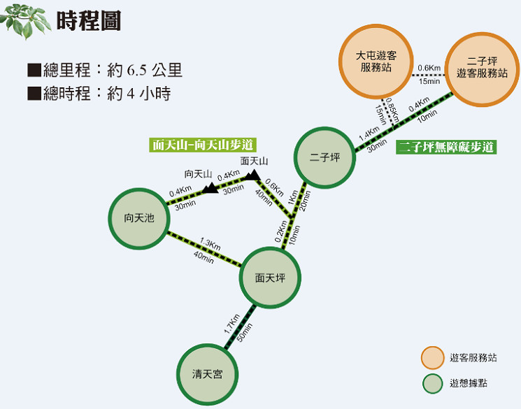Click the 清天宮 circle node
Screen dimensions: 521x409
(207, 375)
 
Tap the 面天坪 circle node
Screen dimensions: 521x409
(270, 278)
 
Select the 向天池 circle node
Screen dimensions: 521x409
(139, 218)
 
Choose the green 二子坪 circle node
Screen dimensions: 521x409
(324, 157)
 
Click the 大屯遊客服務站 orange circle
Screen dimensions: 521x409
(376, 61)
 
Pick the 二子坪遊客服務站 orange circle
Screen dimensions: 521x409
(482, 69)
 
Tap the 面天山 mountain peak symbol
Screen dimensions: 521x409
(253, 175)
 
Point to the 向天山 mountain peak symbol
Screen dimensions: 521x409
(210, 188)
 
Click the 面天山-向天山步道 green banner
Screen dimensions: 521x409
(203, 145)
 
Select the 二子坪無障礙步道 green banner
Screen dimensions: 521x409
(446, 147)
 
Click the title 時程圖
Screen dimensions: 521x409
(89, 20)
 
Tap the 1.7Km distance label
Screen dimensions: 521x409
(231, 324)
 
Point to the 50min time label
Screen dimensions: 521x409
(245, 332)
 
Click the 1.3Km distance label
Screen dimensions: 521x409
(210, 243)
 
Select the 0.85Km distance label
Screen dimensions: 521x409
(392, 110)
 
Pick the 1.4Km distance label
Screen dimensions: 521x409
(369, 134)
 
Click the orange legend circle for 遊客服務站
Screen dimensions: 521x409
(433, 358)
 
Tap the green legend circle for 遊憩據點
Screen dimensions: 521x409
(433, 384)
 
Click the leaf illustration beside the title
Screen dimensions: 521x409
(25, 20)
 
